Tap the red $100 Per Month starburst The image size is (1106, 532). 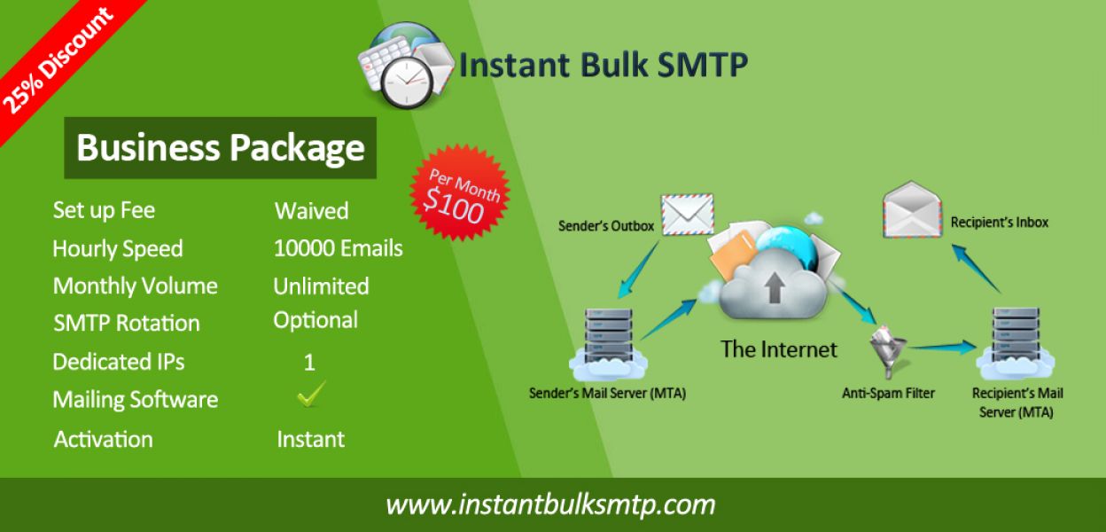pyautogui.click(x=460, y=193)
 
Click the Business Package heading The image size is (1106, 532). pyautogui.click(x=220, y=148)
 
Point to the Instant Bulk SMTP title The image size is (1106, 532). pyautogui.click(x=604, y=65)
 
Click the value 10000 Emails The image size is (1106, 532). pyautogui.click(x=339, y=248)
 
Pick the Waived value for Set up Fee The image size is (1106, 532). pyautogui.click(x=312, y=211)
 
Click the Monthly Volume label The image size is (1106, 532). pyautogui.click(x=136, y=286)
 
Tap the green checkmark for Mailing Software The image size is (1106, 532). pyautogui.click(x=311, y=395)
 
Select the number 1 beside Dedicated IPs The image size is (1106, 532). pyautogui.click(x=309, y=363)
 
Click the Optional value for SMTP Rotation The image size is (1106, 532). pyautogui.click(x=315, y=321)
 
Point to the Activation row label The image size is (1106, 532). pyautogui.click(x=103, y=439)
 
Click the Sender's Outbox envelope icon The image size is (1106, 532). pyautogui.click(x=688, y=214)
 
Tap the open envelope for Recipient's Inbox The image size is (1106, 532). pyautogui.click(x=912, y=209)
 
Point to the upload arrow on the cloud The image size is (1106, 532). pyautogui.click(x=774, y=287)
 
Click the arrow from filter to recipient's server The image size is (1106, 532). pyautogui.click(x=942, y=348)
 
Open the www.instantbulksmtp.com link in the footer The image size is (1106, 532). pyautogui.click(x=550, y=505)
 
